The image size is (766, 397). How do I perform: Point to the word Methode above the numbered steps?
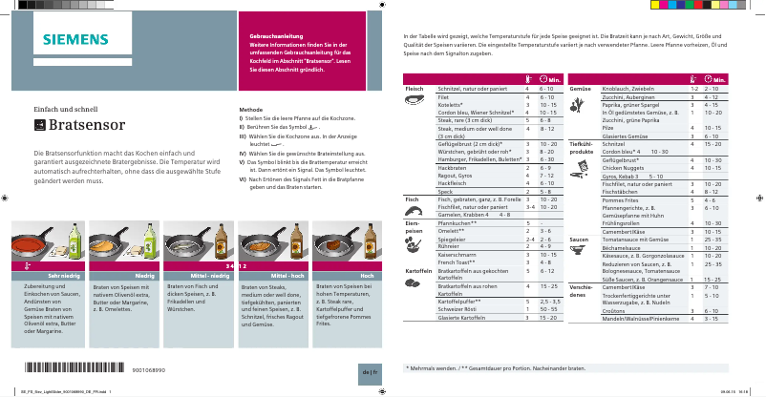pos(250,110)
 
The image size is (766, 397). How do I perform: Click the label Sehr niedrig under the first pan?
pos(56,275)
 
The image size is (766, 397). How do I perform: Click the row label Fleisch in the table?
pos(415,88)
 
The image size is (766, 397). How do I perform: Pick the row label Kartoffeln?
pos(417,270)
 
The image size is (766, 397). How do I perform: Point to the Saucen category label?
pos(579,239)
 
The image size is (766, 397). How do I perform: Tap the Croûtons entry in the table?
pos(615,310)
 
